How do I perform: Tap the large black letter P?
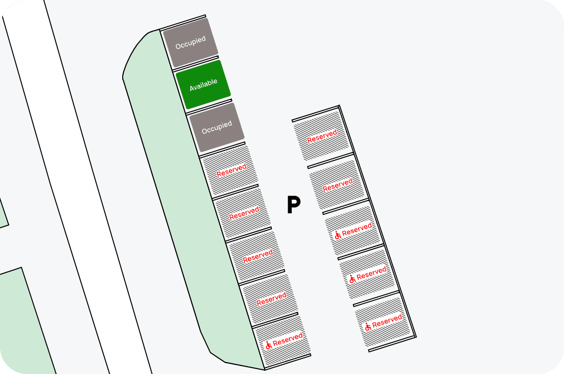click(x=294, y=206)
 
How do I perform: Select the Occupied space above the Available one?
click(x=190, y=43)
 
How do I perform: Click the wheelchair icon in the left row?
click(x=268, y=345)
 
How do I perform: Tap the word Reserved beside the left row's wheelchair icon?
click(x=288, y=339)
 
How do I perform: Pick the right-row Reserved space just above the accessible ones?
click(x=337, y=185)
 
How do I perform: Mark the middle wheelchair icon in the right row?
click(x=352, y=279)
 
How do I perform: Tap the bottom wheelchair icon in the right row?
click(x=368, y=326)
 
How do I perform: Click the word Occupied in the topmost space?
click(x=190, y=43)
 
